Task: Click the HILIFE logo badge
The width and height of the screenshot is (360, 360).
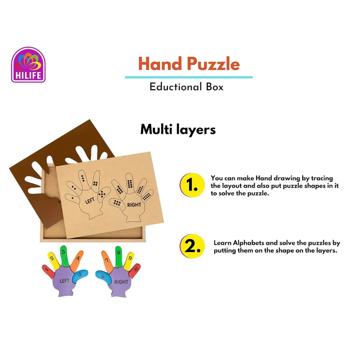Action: click(x=28, y=65)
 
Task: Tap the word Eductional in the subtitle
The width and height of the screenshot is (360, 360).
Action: click(x=171, y=87)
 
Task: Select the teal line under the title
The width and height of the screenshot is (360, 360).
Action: click(x=189, y=77)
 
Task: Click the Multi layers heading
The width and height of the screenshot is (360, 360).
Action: click(x=178, y=130)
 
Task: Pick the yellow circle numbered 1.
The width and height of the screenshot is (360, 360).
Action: click(x=192, y=186)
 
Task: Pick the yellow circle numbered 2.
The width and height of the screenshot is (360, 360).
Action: click(x=192, y=246)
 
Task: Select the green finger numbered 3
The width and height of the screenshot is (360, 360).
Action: click(x=64, y=255)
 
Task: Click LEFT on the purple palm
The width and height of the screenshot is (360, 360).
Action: click(x=64, y=281)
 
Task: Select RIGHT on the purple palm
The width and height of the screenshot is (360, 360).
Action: click(x=121, y=282)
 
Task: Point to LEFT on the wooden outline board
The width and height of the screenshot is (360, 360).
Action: click(x=91, y=201)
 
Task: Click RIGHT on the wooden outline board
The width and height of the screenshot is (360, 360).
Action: click(x=134, y=204)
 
